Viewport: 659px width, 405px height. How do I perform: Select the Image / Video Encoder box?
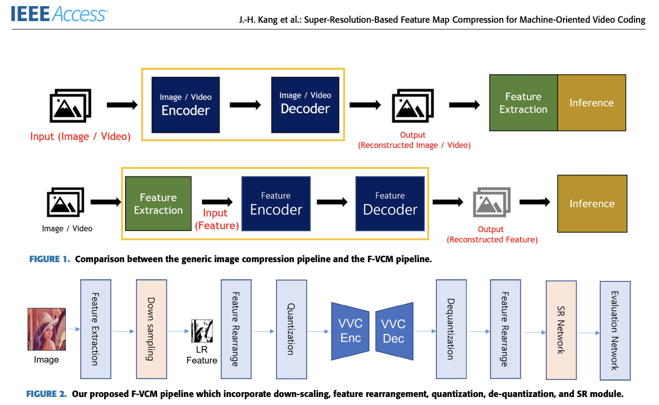point(186,105)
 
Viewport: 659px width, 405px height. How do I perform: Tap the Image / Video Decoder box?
point(305,105)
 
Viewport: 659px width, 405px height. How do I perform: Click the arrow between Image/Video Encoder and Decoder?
point(245,105)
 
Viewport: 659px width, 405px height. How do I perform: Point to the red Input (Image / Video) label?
point(80,137)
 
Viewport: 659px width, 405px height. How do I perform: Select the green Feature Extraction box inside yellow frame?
point(158,204)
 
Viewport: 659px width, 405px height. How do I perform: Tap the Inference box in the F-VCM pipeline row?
point(592,204)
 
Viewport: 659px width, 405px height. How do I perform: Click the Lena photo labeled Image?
point(46,329)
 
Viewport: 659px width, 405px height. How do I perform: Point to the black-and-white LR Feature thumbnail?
point(202,331)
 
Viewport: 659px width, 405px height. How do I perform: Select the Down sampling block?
point(151,329)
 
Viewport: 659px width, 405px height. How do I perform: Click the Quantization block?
point(291,329)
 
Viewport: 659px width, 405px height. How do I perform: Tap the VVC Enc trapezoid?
point(350,330)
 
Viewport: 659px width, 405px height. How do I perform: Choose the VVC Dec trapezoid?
point(394,331)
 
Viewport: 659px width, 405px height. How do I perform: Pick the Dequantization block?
point(451,329)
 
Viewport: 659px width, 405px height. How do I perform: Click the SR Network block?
point(561,330)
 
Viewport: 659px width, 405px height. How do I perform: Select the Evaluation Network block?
point(615,330)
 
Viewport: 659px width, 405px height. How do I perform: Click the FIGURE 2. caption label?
point(46,394)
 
